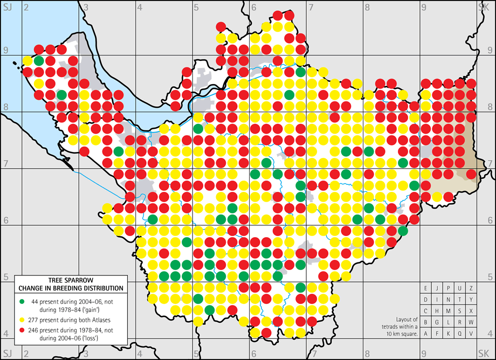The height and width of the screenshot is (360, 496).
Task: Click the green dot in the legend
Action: (21, 300)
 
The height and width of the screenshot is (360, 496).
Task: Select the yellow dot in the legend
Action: (21, 315)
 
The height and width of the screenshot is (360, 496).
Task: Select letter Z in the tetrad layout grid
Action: (471, 288)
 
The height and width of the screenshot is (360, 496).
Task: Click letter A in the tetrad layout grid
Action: (426, 334)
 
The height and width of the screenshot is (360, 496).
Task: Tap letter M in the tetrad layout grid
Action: (449, 311)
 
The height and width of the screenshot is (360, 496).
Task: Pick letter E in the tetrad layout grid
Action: (426, 288)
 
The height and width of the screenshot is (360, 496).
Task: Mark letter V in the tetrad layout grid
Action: (471, 334)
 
